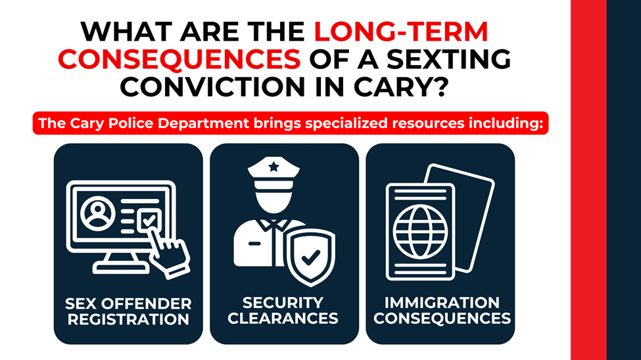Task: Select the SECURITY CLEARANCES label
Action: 283,311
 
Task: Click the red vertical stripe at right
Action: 588,180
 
